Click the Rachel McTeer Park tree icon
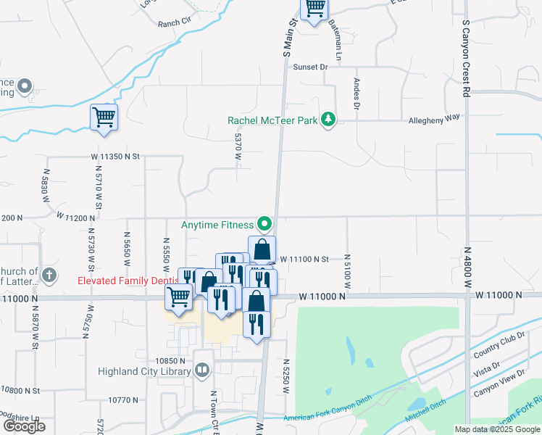328,120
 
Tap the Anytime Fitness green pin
264,224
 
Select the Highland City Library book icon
203,371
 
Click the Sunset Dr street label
311,67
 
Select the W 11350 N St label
115,156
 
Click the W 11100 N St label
305,259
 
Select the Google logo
25,426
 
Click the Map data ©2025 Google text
496,429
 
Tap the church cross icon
49,275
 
